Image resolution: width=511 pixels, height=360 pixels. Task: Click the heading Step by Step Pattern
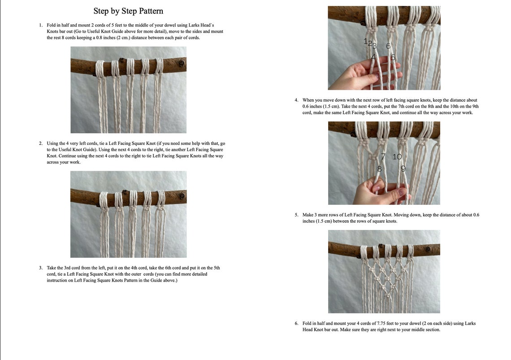click(128, 11)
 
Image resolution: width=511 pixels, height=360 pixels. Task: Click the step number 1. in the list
click(41, 25)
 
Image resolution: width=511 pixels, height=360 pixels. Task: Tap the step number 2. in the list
click(41, 143)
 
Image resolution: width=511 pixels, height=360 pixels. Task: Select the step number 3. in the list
click(41, 268)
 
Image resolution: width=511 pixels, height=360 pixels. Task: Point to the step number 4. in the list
click(296, 100)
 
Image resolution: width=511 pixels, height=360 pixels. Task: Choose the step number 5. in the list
click(296, 215)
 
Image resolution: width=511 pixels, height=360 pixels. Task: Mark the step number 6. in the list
click(296, 323)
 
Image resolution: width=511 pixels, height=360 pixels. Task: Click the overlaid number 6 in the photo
click(388, 46)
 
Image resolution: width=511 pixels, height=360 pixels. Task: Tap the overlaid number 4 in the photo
click(373, 57)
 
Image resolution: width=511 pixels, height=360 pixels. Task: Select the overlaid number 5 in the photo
click(393, 57)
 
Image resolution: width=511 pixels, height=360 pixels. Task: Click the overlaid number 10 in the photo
click(397, 156)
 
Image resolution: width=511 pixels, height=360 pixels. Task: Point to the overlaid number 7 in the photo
click(383, 156)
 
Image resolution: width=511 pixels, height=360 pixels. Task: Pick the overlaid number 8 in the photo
click(379, 169)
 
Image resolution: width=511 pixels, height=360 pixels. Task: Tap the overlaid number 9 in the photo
click(403, 169)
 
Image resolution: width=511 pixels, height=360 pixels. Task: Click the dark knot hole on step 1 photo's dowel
click(182, 64)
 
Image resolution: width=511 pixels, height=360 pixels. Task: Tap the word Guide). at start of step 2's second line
click(90, 150)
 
